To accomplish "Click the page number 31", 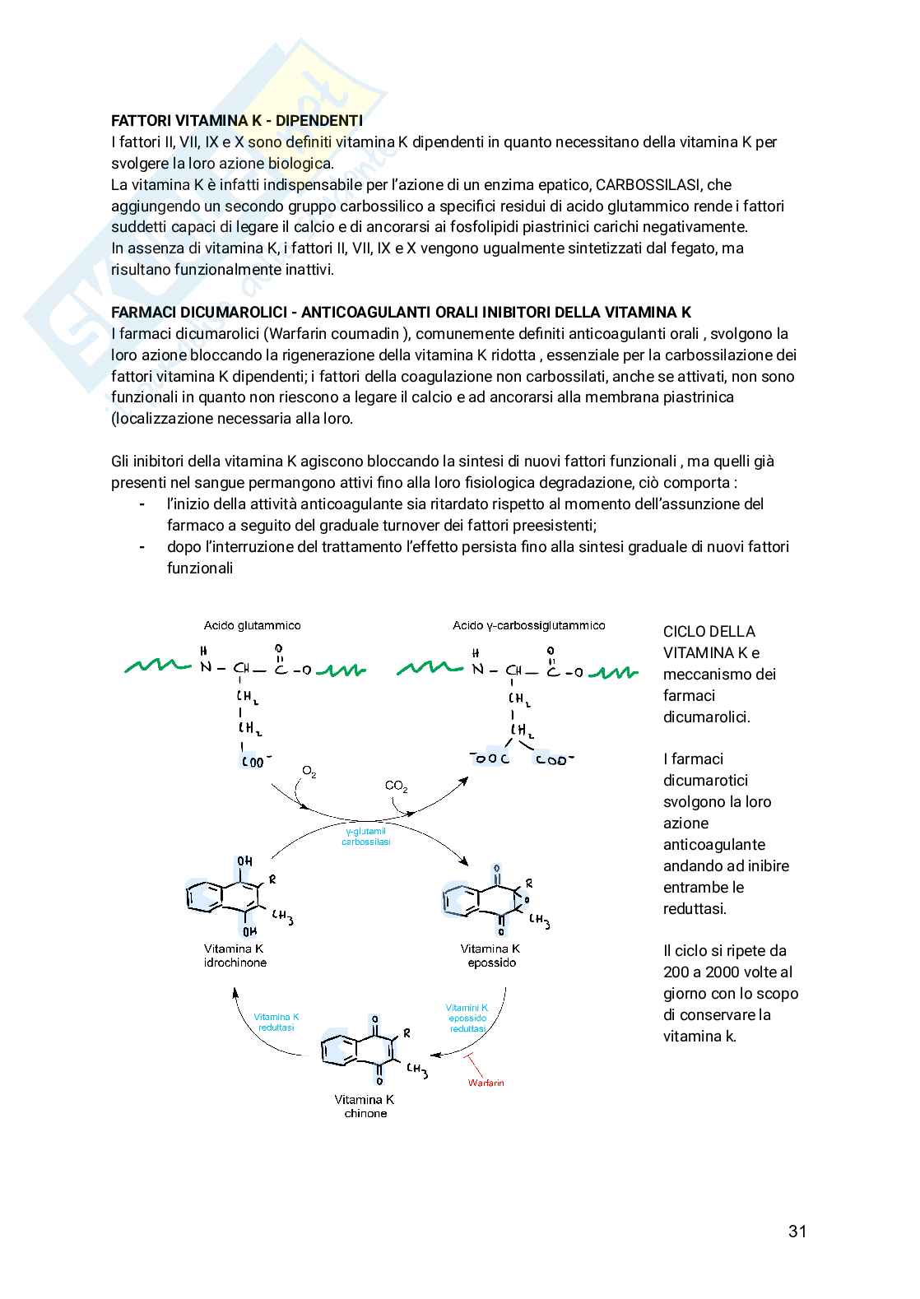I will (797, 1232).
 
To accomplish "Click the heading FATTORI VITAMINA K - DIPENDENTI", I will (236, 121).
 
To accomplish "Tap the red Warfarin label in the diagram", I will (486, 1083).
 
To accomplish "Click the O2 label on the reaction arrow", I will (309, 772).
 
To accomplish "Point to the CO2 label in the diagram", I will (396, 786).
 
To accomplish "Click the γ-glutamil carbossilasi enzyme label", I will (365, 837).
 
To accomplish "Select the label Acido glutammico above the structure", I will (252, 625).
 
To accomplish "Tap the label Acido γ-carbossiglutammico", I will (528, 625).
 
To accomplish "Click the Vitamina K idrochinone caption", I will (235, 955).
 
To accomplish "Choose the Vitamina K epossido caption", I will (490, 955).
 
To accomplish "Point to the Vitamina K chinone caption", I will (365, 1106).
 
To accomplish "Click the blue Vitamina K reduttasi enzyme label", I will (276, 1022).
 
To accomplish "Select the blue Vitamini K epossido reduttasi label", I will (467, 1018).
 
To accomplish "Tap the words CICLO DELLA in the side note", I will (709, 632).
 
